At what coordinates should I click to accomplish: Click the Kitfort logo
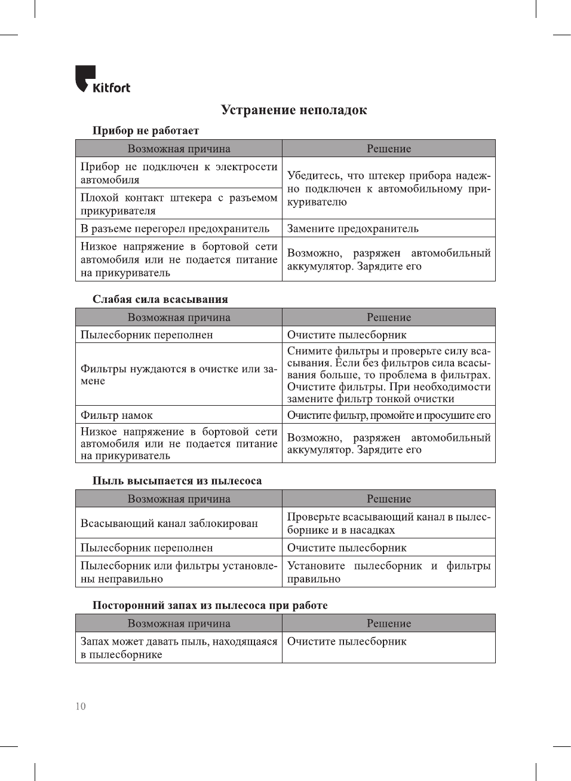(102, 79)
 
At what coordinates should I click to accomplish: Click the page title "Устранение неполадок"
(293, 110)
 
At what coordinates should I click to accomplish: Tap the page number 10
(81, 706)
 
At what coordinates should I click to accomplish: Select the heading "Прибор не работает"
(145, 130)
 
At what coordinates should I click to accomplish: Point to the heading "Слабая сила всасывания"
(160, 299)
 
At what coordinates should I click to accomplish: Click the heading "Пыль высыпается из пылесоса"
(177, 480)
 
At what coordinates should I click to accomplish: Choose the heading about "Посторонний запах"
(210, 605)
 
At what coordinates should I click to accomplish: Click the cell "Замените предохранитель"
(353, 228)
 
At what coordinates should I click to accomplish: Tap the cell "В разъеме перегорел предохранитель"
(175, 228)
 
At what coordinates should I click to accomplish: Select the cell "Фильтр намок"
(117, 415)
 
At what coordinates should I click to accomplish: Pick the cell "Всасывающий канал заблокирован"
(169, 523)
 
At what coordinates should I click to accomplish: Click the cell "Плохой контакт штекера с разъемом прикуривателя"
(179, 204)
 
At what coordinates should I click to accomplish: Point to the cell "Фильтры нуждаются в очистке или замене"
(179, 375)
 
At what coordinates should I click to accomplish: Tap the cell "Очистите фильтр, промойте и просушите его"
(388, 415)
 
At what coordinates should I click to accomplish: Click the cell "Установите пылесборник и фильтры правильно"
(388, 572)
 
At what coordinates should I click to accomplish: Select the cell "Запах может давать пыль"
(179, 648)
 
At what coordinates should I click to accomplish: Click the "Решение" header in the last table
(389, 623)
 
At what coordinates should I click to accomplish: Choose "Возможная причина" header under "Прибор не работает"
(179, 149)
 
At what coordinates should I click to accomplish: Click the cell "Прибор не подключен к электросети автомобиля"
(179, 173)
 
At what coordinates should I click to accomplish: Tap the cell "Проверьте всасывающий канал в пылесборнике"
(388, 523)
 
